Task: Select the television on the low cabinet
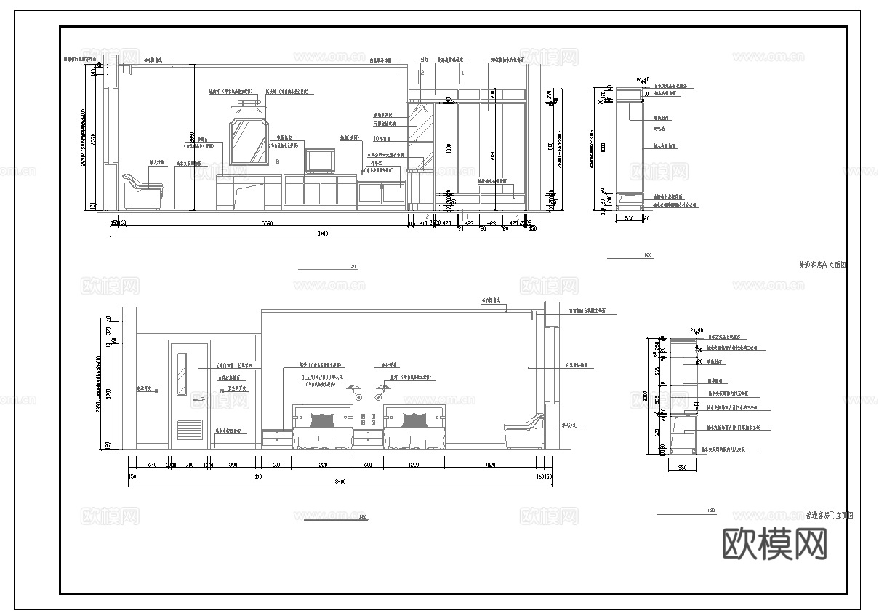(x=320, y=160)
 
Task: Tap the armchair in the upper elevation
(x=143, y=193)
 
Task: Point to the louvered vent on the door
(x=189, y=430)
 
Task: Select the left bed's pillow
(x=323, y=420)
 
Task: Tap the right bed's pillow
(x=414, y=420)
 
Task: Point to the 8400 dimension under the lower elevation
(x=340, y=481)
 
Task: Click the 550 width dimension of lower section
(x=682, y=468)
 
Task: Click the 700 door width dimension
(x=190, y=464)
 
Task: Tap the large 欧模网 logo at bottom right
(x=775, y=543)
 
